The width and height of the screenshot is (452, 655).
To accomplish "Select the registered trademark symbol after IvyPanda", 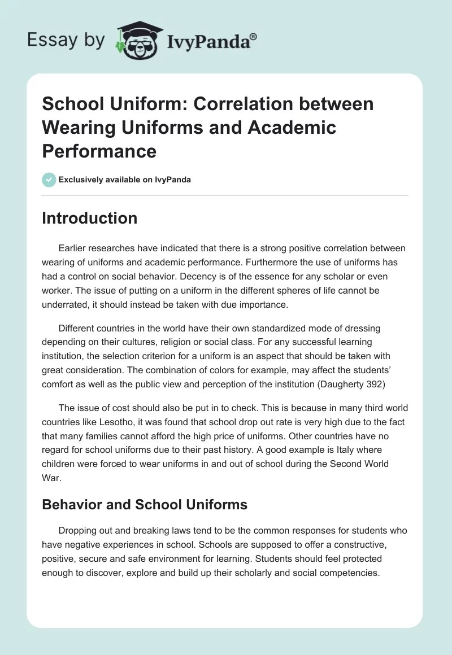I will pos(254,37).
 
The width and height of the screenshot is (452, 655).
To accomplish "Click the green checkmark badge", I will pos(49,180).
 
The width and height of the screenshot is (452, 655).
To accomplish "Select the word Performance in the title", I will pos(99,151).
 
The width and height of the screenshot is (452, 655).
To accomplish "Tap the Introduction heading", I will pos(89,219).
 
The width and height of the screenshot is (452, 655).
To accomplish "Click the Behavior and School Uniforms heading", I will pos(145,504).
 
